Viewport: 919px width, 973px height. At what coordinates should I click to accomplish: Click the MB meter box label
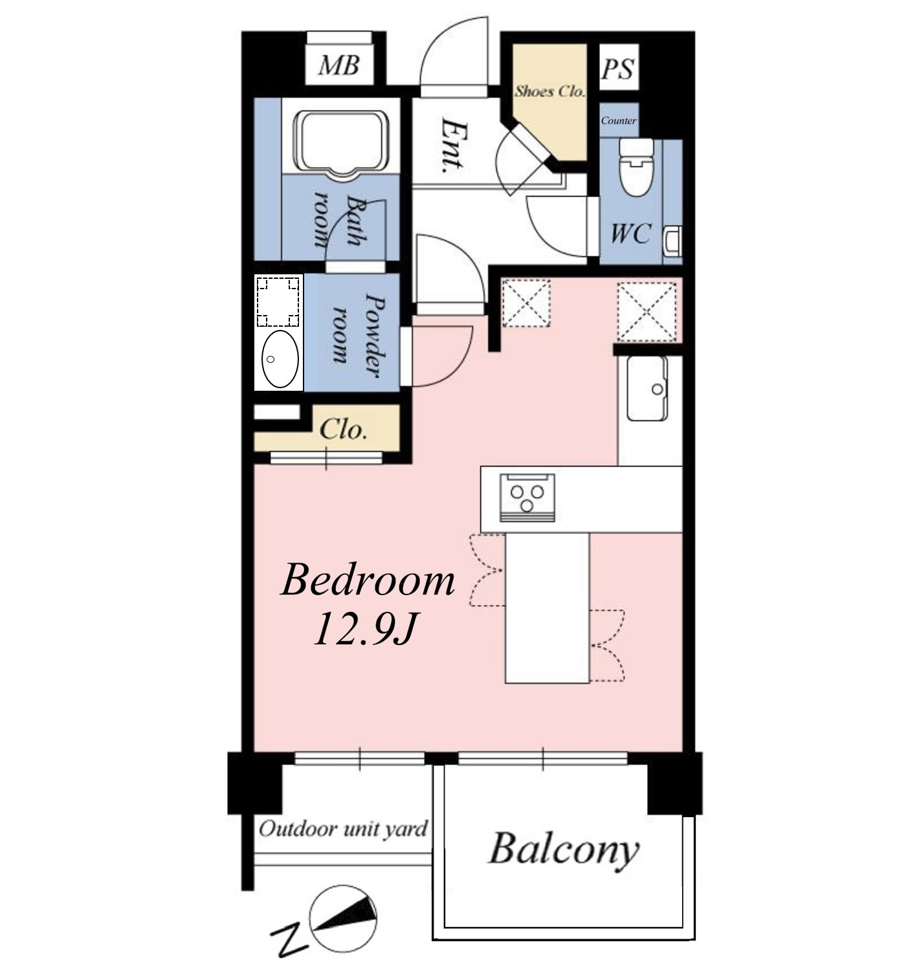click(338, 65)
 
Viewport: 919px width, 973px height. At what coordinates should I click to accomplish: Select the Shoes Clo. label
click(549, 91)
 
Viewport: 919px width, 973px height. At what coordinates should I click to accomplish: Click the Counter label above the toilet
click(619, 120)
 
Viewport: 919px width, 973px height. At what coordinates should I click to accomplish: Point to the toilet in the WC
click(637, 167)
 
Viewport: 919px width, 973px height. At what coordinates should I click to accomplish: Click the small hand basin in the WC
click(672, 241)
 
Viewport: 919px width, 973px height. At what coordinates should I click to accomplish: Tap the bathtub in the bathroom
click(341, 144)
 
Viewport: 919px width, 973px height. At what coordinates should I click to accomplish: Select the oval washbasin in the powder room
click(280, 359)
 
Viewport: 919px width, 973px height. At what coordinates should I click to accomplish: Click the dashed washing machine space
click(278, 301)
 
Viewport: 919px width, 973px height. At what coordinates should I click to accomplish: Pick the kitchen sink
click(647, 389)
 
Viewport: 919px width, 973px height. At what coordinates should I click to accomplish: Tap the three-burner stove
click(526, 497)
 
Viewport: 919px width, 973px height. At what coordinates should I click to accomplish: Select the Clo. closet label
click(343, 430)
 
